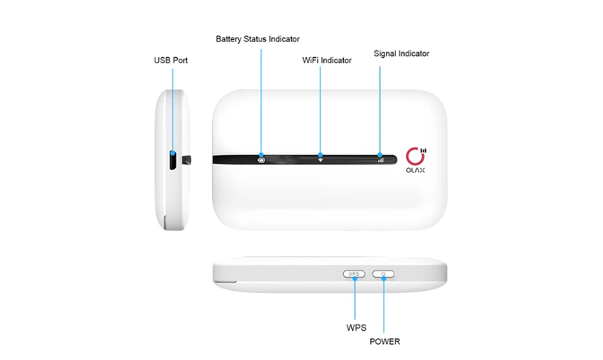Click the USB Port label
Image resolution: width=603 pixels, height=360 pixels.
tap(171, 60)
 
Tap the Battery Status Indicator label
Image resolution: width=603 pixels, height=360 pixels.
tap(258, 39)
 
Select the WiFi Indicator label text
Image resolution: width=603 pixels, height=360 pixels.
tap(327, 60)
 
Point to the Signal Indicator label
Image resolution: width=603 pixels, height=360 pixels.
tap(402, 53)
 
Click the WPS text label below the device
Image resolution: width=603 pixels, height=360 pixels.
tap(357, 328)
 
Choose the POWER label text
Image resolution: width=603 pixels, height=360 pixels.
tap(385, 342)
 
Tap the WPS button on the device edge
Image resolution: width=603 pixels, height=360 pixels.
tap(354, 274)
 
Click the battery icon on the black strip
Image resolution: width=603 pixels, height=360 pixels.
tap(262, 160)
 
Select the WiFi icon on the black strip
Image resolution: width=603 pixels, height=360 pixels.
tap(320, 160)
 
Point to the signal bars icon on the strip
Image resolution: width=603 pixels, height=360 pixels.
tap(381, 160)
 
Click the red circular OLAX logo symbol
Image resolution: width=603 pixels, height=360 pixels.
tap(415, 157)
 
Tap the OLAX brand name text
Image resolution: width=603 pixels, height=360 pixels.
tap(415, 170)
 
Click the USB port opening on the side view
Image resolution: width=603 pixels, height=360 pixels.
tap(173, 160)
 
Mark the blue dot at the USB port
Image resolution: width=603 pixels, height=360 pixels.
tap(173, 154)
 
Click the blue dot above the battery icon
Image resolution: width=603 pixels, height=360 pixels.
tap(261, 155)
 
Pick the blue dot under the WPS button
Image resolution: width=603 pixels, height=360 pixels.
tap(354, 278)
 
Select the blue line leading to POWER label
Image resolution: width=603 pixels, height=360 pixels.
tap(384, 307)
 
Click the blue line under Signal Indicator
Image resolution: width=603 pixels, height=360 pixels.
tap(380, 109)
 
